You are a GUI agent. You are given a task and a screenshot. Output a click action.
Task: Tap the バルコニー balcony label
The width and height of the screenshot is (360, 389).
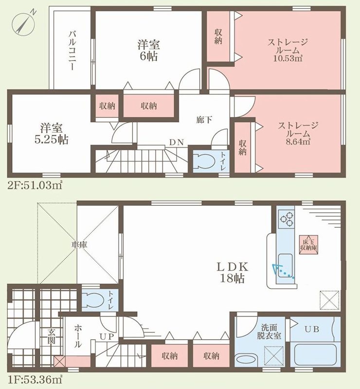pyautogui.click(x=72, y=51)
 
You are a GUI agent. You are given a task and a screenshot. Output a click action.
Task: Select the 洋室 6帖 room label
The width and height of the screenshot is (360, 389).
pyautogui.click(x=148, y=50)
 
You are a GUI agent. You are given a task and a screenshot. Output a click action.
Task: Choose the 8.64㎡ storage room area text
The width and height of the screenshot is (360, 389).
pyautogui.click(x=298, y=142)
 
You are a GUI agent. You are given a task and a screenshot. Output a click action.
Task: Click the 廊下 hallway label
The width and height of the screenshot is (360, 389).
pyautogui.click(x=204, y=120)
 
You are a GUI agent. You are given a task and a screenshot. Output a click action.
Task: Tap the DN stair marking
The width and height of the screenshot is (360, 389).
pyautogui.click(x=176, y=142)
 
